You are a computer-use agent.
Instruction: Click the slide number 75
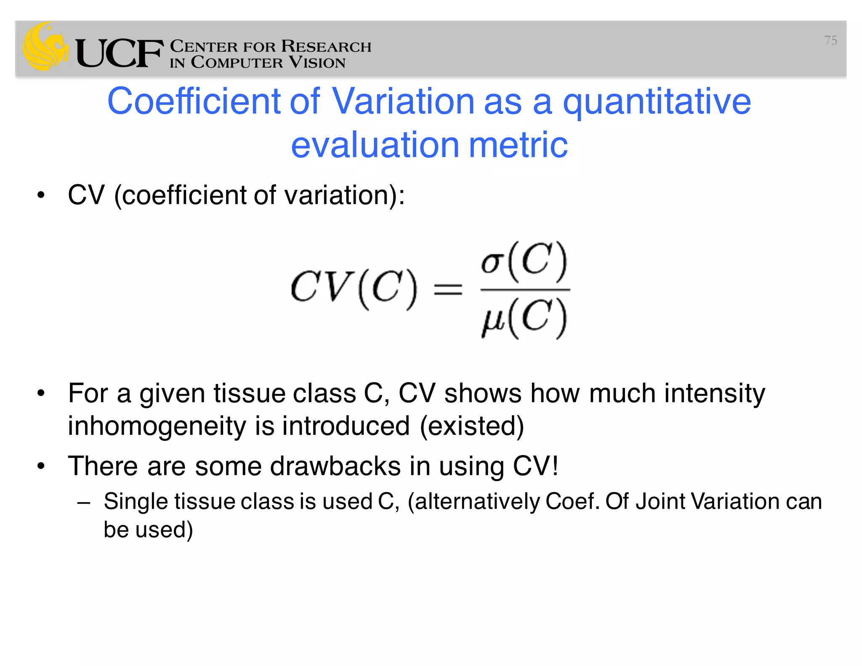click(x=830, y=40)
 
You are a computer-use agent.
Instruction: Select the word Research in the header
click(x=326, y=46)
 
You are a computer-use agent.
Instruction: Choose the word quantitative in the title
click(x=657, y=102)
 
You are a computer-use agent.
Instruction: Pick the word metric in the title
click(x=518, y=145)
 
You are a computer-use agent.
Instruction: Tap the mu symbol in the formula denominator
click(x=493, y=320)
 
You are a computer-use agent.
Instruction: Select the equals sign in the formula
click(x=448, y=290)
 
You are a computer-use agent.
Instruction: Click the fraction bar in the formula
click(x=525, y=290)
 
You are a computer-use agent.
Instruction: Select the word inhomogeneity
click(x=157, y=426)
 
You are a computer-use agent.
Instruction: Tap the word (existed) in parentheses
click(x=472, y=426)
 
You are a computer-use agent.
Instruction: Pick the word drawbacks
click(x=335, y=466)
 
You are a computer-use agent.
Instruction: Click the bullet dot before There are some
click(x=41, y=466)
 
